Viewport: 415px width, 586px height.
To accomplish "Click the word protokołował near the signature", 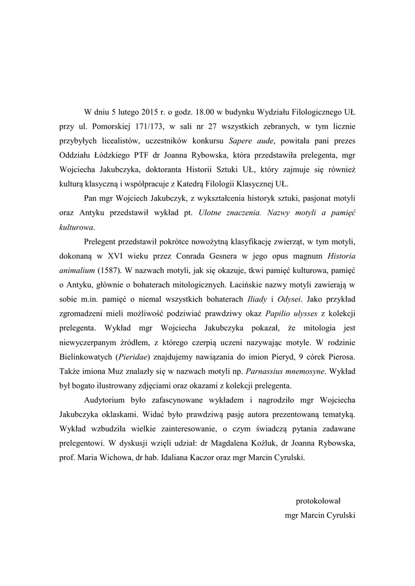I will point(317,501).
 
